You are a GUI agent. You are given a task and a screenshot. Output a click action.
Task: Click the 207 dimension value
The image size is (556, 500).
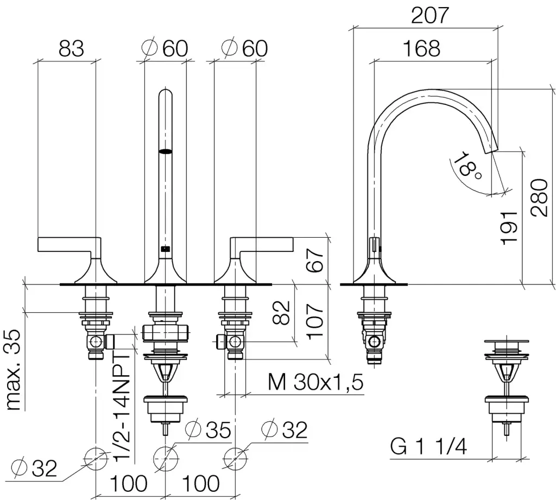click(x=430, y=15)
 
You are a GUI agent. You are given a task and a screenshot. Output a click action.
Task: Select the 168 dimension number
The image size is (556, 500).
click(x=422, y=48)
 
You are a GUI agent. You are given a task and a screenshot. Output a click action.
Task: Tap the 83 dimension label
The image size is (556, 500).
click(x=71, y=48)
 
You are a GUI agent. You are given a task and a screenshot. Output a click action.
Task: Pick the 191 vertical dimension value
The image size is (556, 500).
click(x=509, y=227)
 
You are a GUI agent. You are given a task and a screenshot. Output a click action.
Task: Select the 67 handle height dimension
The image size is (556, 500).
click(x=315, y=260)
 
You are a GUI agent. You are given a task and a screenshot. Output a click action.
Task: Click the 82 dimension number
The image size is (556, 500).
click(x=281, y=312)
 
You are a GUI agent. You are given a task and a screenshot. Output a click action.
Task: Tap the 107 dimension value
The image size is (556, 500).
click(x=315, y=321)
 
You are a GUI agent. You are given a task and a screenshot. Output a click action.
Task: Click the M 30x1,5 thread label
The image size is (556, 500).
click(x=315, y=383)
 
